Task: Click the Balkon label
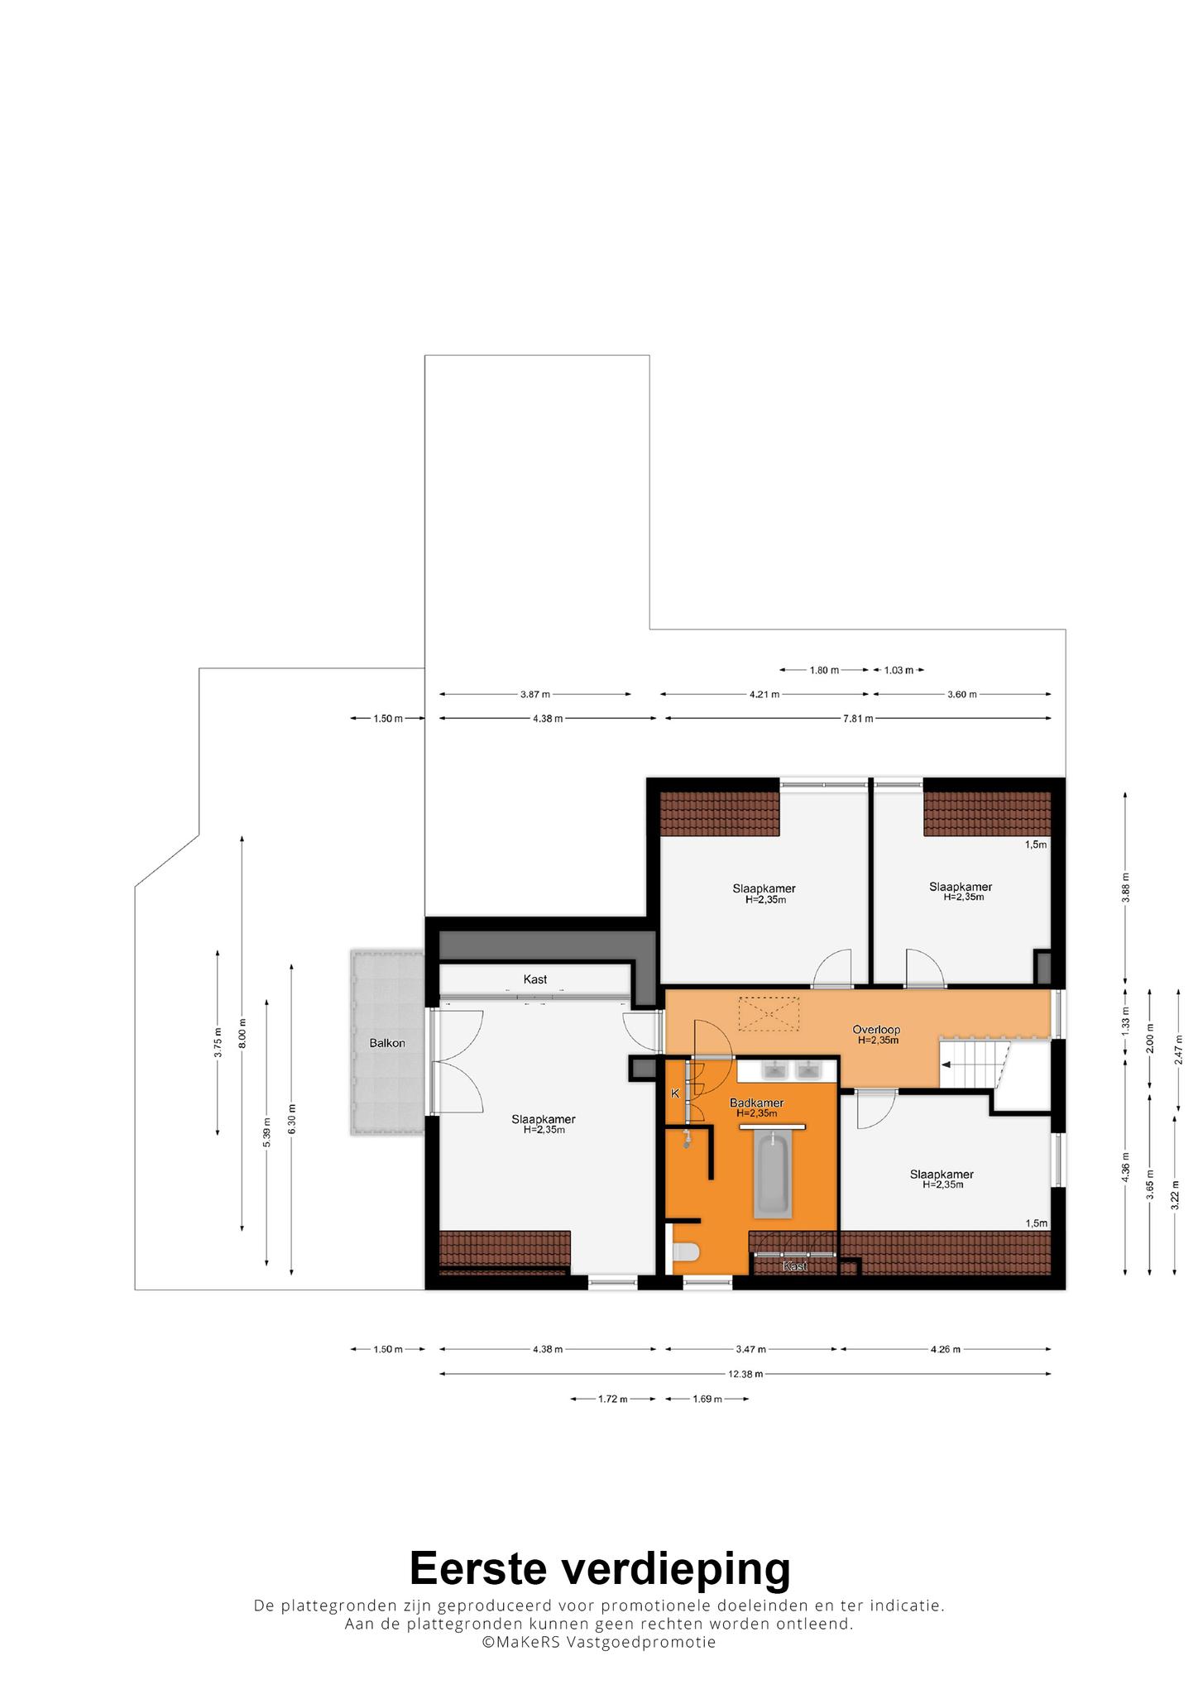click(387, 1043)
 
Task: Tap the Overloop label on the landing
click(876, 1030)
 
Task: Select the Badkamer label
click(756, 1103)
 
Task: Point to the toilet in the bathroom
click(686, 1252)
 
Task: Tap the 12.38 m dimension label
click(745, 1374)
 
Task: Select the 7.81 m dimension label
click(858, 718)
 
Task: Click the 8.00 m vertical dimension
click(242, 1034)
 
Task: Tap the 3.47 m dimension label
click(751, 1349)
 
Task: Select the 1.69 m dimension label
click(707, 1399)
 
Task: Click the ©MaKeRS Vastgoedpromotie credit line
click(599, 1642)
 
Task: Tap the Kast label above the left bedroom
click(535, 979)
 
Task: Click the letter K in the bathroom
click(675, 1093)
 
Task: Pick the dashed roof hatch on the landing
click(769, 1014)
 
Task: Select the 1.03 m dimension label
click(898, 670)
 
